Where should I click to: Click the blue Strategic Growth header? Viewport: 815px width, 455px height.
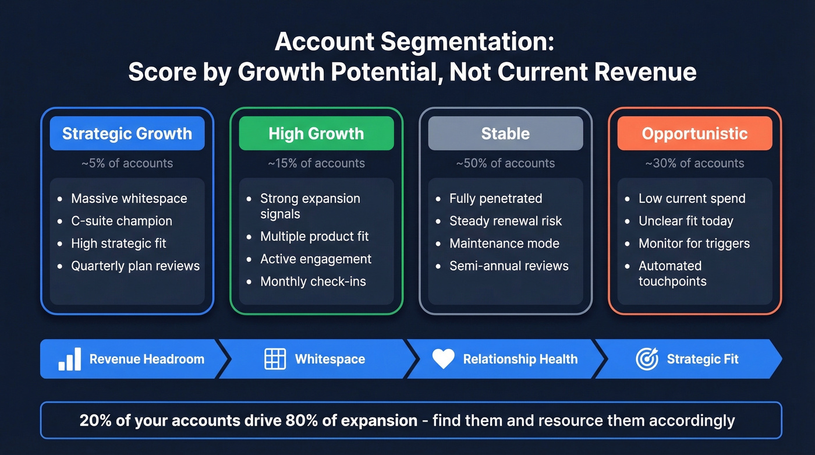click(127, 133)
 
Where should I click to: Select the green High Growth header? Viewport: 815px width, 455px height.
click(316, 133)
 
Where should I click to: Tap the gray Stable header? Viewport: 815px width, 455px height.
click(505, 133)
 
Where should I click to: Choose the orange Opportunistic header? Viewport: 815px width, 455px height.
click(694, 133)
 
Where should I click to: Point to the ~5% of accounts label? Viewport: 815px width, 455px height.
click(127, 163)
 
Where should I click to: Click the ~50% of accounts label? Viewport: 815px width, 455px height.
click(505, 163)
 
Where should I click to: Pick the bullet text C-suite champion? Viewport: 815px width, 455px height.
click(122, 221)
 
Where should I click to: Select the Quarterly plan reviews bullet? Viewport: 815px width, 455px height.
click(135, 266)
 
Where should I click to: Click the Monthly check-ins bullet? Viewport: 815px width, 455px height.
click(313, 281)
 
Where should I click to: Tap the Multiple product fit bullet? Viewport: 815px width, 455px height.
click(314, 237)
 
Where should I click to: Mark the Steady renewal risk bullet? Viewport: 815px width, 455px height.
click(506, 221)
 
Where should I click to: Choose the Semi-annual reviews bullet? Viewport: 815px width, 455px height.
click(509, 266)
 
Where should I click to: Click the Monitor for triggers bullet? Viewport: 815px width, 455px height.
click(694, 244)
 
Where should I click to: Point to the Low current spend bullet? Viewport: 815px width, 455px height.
click(692, 198)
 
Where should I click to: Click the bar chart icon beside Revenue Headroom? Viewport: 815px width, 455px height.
click(70, 359)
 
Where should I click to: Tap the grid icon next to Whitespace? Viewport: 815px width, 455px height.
click(275, 359)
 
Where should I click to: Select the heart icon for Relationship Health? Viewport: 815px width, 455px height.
click(443, 359)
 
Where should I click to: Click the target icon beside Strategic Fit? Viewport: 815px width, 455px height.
click(647, 359)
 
